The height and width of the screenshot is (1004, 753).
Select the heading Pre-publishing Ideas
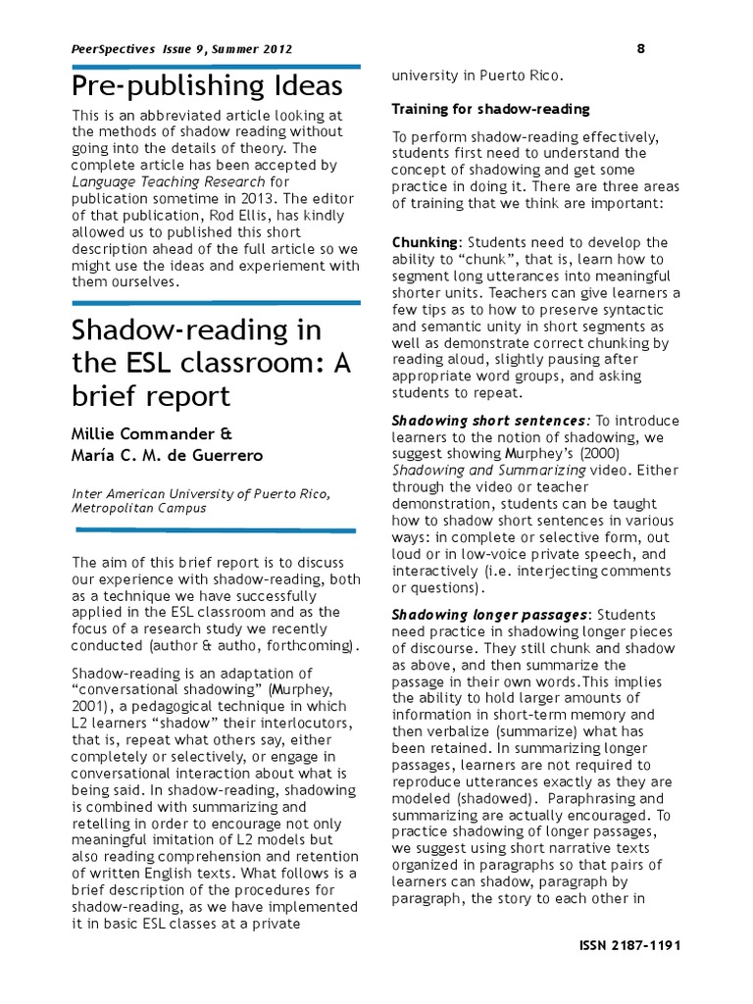[x=207, y=86]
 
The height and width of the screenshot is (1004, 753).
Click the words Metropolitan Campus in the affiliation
[x=137, y=509]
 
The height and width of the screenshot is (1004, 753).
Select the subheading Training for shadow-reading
[x=490, y=109]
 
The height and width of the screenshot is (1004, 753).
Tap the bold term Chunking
[x=424, y=242]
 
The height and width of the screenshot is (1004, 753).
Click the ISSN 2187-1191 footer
[x=631, y=945]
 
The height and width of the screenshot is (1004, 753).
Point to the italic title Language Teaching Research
[x=168, y=181]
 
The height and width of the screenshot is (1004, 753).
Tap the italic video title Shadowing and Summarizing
[x=489, y=471]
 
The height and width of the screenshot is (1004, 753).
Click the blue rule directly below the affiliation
[x=215, y=530]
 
